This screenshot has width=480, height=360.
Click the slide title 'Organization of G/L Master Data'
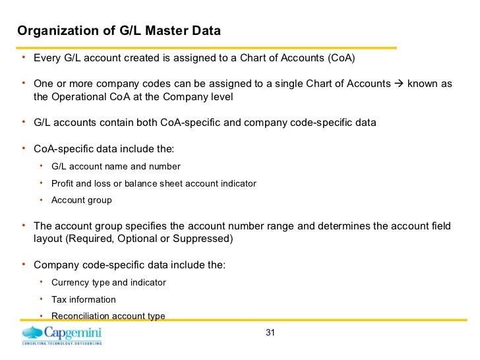click(119, 31)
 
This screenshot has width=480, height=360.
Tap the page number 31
click(270, 332)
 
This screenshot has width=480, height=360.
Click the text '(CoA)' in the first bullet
click(340, 57)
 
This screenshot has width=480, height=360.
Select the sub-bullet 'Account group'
click(82, 200)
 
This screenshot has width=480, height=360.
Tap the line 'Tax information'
click(83, 299)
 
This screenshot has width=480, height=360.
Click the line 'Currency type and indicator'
click(108, 282)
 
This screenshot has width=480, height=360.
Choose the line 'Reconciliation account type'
click(108, 316)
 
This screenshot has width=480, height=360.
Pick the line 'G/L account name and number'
click(115, 166)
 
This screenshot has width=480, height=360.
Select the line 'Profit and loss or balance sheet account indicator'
click(154, 183)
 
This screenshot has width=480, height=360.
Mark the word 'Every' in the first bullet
click(47, 57)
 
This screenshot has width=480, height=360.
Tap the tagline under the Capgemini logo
click(62, 344)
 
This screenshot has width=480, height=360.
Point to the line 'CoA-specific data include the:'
click(104, 148)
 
